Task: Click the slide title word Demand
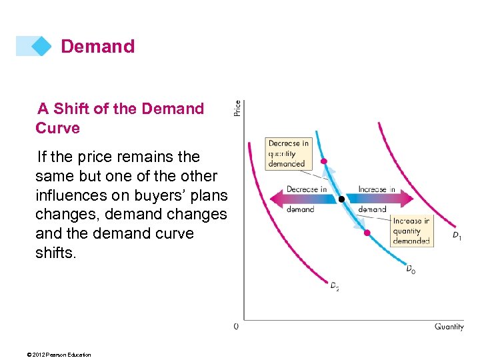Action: point(97,47)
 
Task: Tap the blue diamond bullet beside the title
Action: point(41,46)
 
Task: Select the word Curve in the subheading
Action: point(57,128)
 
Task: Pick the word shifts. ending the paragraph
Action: point(56,253)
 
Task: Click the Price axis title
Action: point(237,108)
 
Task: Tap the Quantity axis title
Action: point(449,327)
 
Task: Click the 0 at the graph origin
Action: point(236,327)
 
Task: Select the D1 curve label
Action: point(457,235)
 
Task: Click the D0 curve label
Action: point(411,269)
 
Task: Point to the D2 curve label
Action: point(335,286)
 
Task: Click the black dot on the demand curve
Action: point(341,199)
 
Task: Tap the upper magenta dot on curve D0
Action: point(324,161)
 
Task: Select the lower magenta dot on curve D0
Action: point(367,233)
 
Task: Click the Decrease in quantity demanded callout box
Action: point(288,153)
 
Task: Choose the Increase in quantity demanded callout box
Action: point(411,231)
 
